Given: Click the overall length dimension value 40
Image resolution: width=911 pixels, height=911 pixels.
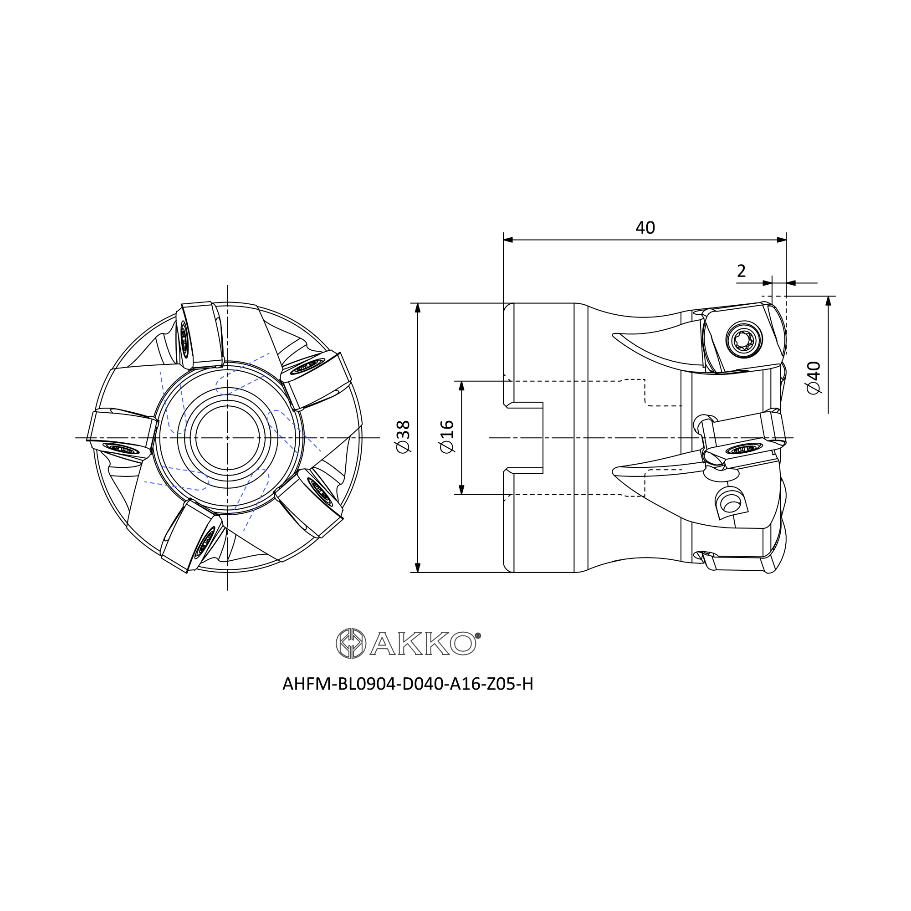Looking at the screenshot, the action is click(x=645, y=228).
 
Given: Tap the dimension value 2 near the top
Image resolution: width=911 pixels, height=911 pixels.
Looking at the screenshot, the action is click(x=741, y=271).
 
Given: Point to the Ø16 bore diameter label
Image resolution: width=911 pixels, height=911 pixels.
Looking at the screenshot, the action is click(x=447, y=437).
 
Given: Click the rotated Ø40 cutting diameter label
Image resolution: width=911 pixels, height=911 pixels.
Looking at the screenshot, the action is click(x=814, y=378).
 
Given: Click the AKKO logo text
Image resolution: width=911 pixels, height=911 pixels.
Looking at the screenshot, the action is click(x=423, y=643).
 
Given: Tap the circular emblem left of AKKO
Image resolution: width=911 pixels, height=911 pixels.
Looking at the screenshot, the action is click(x=351, y=643).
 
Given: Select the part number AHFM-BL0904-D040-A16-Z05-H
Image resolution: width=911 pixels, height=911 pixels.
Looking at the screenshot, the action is click(x=408, y=684).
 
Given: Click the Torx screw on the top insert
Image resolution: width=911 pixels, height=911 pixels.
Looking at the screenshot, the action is click(x=745, y=339).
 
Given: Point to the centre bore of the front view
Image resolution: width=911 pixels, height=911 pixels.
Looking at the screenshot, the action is click(x=228, y=438).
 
